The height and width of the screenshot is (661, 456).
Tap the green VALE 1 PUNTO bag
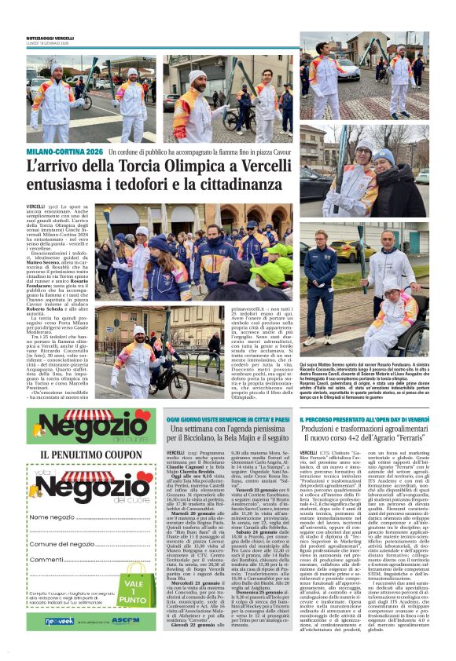tap(135, 583)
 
